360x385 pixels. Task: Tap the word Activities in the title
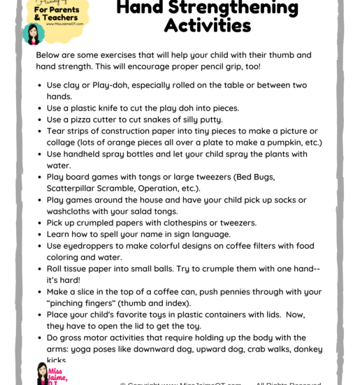(x=207, y=27)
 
